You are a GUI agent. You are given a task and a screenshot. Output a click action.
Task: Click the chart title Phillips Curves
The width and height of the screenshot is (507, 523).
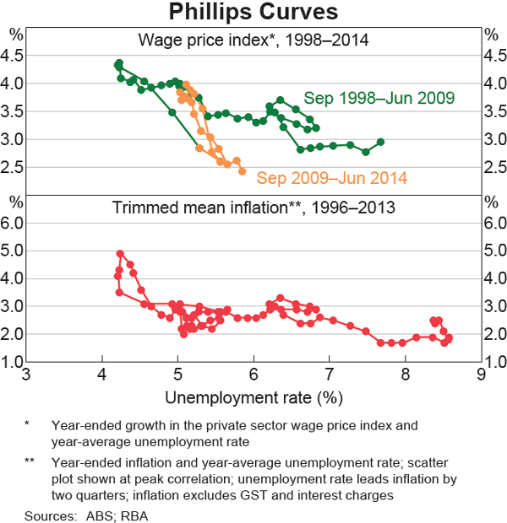pyautogui.click(x=253, y=13)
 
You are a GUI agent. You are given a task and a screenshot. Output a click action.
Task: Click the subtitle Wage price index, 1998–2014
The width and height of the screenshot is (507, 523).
pyautogui.click(x=253, y=39)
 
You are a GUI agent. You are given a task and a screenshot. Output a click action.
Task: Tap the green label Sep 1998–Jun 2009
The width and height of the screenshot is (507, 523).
pyautogui.click(x=379, y=97)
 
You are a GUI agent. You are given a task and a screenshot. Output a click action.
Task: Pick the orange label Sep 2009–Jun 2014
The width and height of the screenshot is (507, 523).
pyautogui.click(x=332, y=178)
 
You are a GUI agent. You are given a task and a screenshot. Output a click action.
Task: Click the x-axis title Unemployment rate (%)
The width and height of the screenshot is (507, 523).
pyautogui.click(x=253, y=397)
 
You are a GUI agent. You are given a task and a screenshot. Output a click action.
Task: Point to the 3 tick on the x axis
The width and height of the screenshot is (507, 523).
pyautogui.click(x=26, y=375)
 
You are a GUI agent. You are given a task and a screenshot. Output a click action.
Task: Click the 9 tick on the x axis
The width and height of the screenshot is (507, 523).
pyautogui.click(x=481, y=375)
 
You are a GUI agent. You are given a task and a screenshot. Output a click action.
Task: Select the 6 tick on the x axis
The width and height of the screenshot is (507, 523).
pyautogui.click(x=253, y=375)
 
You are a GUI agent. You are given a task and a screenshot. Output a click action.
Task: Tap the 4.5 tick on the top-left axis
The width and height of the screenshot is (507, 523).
pyautogui.click(x=13, y=56)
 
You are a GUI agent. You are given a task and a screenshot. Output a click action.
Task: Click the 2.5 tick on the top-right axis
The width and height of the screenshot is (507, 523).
pyautogui.click(x=494, y=167)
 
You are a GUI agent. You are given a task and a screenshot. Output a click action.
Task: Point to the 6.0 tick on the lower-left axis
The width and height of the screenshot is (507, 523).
pyautogui.click(x=13, y=223)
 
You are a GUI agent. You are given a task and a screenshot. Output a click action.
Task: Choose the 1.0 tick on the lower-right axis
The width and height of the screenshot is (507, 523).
pyautogui.click(x=494, y=362)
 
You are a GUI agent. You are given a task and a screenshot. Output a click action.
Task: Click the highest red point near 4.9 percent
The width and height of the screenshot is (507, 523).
pyautogui.click(x=120, y=253)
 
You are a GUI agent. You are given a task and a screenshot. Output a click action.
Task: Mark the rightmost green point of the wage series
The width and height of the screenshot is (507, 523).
pyautogui.click(x=380, y=142)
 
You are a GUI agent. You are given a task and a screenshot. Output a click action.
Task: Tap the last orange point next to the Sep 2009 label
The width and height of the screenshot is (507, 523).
pyautogui.click(x=243, y=171)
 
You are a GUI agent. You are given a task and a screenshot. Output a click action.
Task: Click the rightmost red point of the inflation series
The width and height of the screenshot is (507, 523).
pyautogui.click(x=449, y=338)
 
